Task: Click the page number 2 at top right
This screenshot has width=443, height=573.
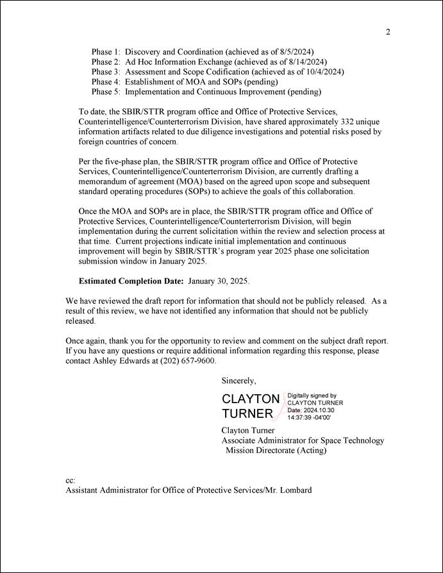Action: click(388, 33)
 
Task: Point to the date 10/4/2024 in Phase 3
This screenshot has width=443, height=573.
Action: click(322, 72)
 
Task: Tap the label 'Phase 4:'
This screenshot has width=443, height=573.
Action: click(106, 82)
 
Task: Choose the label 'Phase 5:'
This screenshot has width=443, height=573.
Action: click(106, 92)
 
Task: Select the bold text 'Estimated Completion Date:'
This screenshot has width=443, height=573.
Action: click(131, 281)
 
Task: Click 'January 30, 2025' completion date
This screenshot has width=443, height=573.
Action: click(217, 281)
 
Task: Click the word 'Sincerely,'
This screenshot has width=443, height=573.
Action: click(238, 381)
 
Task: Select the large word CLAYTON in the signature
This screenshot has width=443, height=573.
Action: click(251, 399)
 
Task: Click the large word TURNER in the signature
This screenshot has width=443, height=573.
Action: click(247, 413)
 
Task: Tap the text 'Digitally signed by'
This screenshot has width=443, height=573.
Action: click(312, 396)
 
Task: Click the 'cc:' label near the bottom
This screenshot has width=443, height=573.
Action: click(71, 480)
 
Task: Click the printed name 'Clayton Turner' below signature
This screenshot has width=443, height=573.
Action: click(247, 430)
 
